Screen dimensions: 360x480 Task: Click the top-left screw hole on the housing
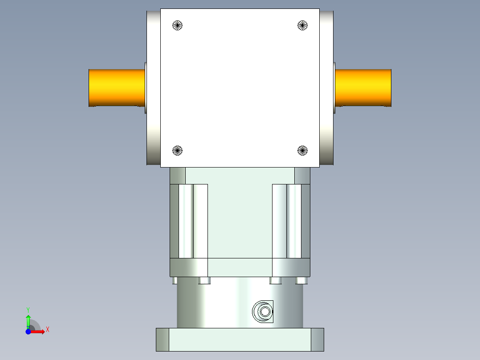[178, 25]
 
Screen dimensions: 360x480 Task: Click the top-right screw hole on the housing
[303, 25]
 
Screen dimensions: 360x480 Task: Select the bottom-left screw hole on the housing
[178, 151]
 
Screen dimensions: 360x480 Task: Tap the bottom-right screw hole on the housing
[303, 151]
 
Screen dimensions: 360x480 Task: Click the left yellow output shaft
[117, 88]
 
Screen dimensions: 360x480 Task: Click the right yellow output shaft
[363, 88]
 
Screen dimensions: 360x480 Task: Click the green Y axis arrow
[28, 320]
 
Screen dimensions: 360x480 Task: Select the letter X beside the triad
[47, 330]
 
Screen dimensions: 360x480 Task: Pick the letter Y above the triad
[28, 309]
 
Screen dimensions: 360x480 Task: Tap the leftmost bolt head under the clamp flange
[175, 281]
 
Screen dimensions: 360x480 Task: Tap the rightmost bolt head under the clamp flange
[301, 281]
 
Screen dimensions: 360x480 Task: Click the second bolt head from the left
[204, 281]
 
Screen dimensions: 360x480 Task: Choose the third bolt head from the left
[276, 281]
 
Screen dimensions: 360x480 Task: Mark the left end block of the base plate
[163, 340]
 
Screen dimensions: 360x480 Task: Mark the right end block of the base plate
[317, 340]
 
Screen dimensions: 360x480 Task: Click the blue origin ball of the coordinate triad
[28, 332]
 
